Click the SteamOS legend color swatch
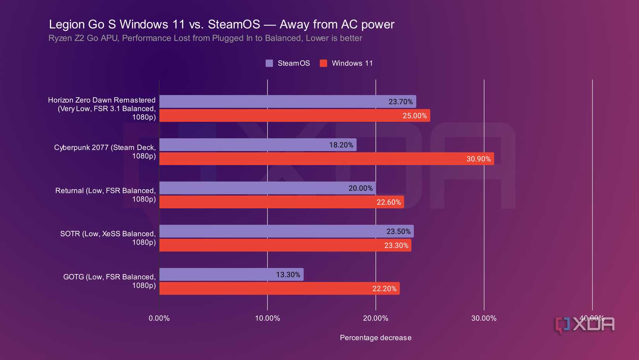click(x=269, y=63)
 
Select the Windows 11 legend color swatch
click(x=323, y=63)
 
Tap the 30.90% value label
click(x=478, y=159)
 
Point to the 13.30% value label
click(x=288, y=275)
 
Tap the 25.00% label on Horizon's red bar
click(x=414, y=116)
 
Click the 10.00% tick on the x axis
click(x=267, y=318)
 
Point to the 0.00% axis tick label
click(x=159, y=318)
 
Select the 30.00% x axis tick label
click(x=484, y=318)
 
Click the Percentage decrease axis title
click(x=375, y=338)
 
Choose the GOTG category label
click(x=110, y=281)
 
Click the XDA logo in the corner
click(x=585, y=325)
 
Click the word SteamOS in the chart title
click(x=234, y=24)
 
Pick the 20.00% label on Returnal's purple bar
click(x=360, y=188)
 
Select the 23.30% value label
click(x=396, y=245)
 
